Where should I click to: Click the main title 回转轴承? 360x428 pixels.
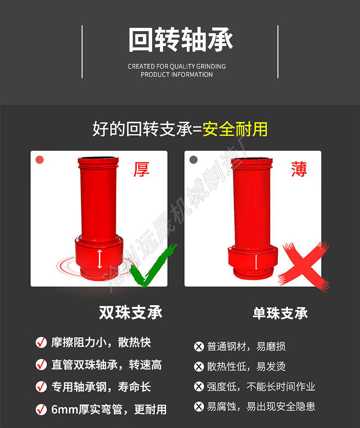tap(180, 39)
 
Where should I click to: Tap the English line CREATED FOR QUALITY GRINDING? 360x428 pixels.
tap(177, 66)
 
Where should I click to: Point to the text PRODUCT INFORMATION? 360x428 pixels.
tap(177, 74)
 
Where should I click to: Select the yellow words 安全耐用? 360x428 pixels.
tap(235, 129)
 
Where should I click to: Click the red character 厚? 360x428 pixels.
tap(141, 169)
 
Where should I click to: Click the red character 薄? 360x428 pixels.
tap(299, 169)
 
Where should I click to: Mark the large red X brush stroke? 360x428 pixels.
tap(304, 266)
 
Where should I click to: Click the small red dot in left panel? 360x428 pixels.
tap(40, 160)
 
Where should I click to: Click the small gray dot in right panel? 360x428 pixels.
tap(193, 160)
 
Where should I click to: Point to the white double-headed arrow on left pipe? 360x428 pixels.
tap(99, 259)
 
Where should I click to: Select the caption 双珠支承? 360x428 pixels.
tap(131, 312)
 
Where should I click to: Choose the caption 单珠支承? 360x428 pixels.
tap(280, 313)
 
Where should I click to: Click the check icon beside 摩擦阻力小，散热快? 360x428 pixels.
tap(41, 342)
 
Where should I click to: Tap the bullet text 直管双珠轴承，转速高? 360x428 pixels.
tap(107, 365)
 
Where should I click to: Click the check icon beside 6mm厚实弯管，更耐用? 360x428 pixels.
tap(41, 409)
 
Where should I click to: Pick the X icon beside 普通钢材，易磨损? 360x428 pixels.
tap(199, 346)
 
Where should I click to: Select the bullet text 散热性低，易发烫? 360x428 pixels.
tap(246, 367)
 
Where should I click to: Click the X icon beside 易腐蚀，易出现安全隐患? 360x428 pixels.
tap(199, 407)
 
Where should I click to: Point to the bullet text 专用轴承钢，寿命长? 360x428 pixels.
tap(101, 387)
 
